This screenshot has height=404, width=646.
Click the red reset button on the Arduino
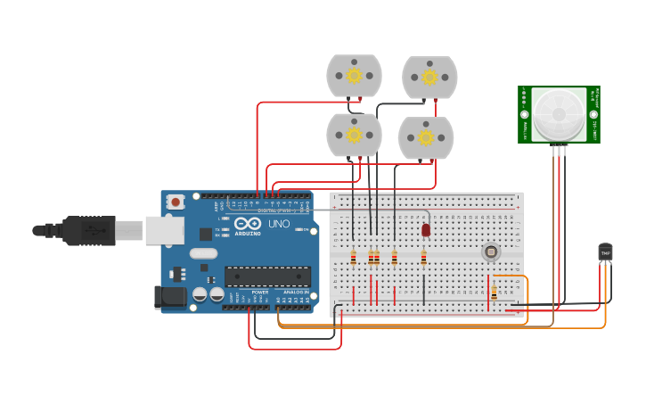coord(176,202)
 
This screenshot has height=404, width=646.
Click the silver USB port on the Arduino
coord(164,231)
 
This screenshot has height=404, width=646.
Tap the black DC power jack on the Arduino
coord(169,297)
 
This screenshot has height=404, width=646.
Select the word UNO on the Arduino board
coord(279,224)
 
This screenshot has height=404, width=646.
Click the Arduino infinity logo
coord(249,223)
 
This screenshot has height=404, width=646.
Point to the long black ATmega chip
coord(267,276)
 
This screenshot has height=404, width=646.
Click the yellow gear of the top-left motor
coord(354,75)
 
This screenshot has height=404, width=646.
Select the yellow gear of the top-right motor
coord(429,77)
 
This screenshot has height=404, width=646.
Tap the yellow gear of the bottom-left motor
coord(354,135)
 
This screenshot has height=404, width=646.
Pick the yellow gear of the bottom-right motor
coord(426,137)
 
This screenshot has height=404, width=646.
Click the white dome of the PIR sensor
coord(559,114)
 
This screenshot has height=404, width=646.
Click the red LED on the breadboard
coord(426,229)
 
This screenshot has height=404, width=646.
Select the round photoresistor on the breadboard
coord(491,251)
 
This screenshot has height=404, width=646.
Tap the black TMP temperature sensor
coord(606,252)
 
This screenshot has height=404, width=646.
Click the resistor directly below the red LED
coord(424,258)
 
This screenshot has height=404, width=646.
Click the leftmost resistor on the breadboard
coord(354,258)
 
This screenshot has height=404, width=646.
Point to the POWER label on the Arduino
coord(260,292)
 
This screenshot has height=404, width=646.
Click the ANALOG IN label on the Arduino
coord(296,292)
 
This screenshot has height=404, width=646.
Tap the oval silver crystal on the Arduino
coord(204,253)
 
